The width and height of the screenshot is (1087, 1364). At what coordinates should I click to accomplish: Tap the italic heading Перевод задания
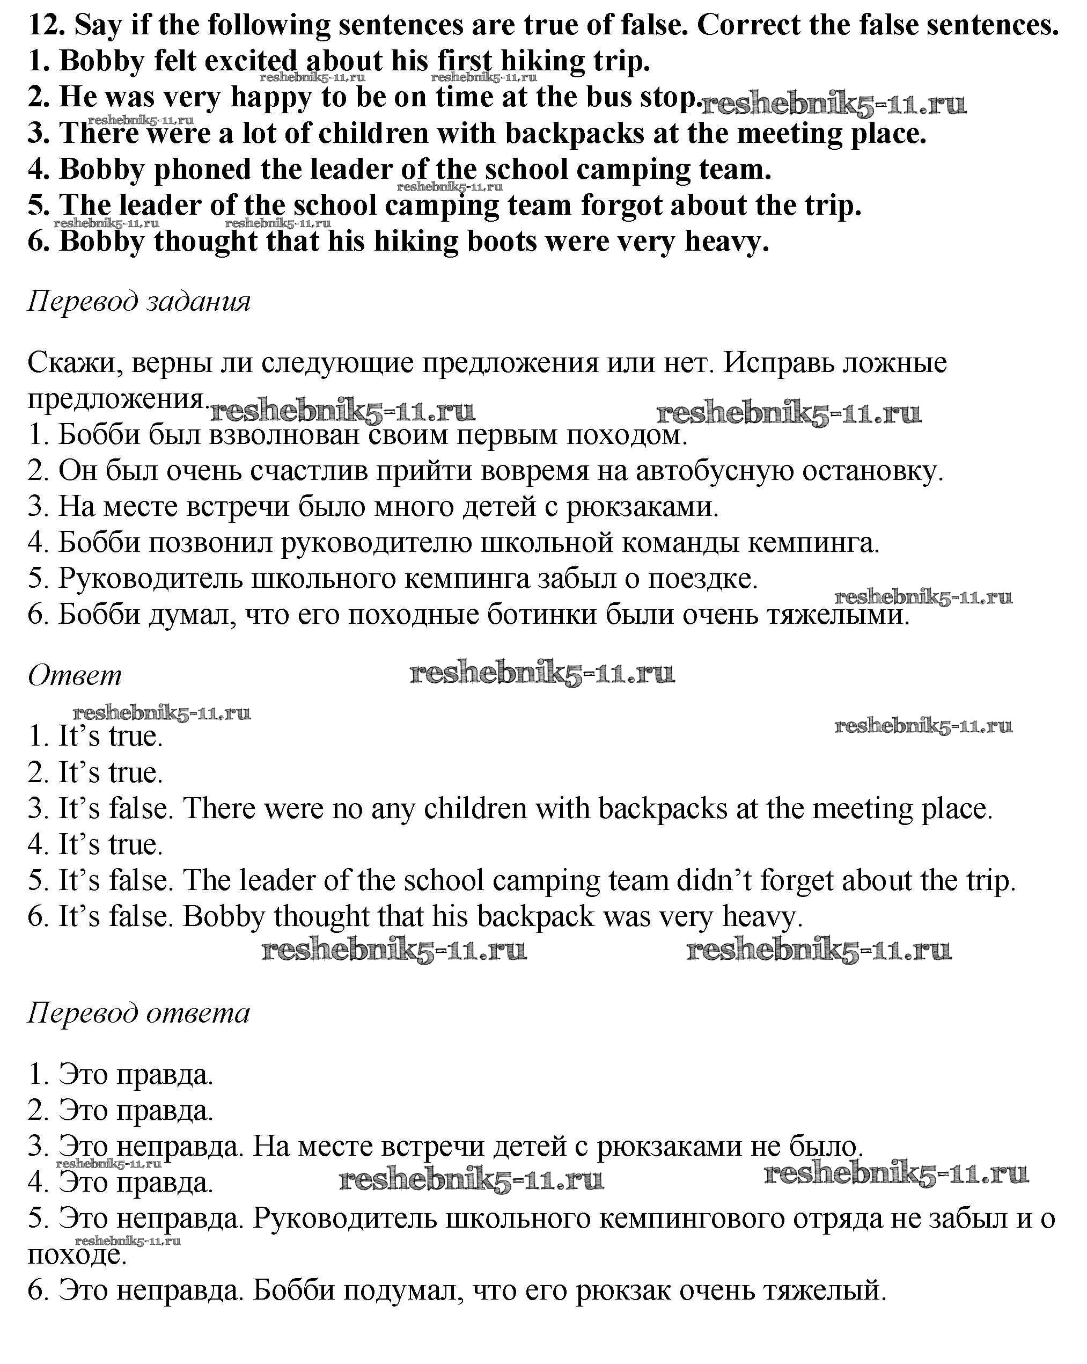coord(139,301)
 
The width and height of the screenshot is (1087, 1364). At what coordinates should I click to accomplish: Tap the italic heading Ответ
coord(75,676)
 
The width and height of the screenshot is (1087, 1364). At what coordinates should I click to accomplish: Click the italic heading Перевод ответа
coord(139,1013)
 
